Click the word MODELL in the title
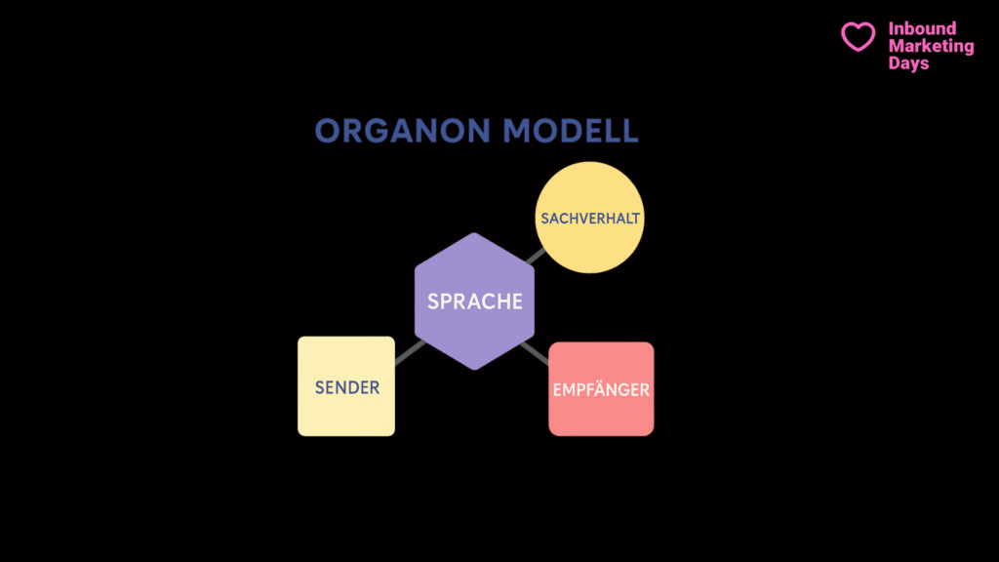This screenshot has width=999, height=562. (570, 131)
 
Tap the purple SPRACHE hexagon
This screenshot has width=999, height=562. (474, 301)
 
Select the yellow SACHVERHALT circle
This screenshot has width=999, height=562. (589, 218)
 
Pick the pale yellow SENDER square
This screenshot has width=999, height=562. (346, 386)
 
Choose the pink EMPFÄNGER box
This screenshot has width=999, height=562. (601, 388)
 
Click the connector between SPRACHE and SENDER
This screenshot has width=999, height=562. (411, 352)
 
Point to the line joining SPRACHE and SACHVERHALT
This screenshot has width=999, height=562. (536, 257)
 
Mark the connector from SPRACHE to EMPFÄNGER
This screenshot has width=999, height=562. (535, 353)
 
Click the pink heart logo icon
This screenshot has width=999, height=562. (859, 36)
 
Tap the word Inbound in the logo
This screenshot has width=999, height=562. (922, 28)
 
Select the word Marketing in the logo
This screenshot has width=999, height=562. (931, 47)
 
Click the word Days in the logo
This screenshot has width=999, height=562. (908, 63)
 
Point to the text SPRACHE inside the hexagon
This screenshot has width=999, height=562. (475, 301)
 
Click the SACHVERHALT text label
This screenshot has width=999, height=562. (590, 219)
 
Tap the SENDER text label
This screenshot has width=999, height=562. (347, 387)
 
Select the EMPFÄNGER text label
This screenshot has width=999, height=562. (601, 389)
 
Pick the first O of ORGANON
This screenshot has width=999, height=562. (328, 131)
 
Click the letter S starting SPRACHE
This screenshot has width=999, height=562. (433, 301)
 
